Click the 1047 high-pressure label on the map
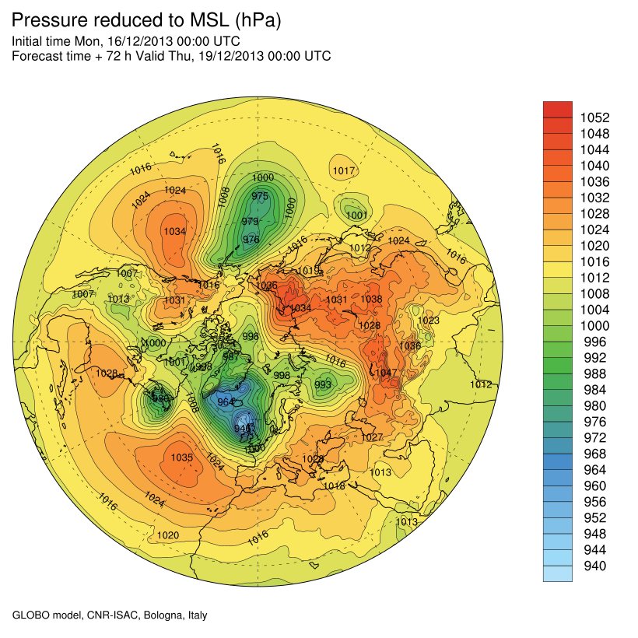point(387,373)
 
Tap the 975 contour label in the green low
point(261,196)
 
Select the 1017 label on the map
point(344,171)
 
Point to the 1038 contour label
point(372,300)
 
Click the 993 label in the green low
point(323,384)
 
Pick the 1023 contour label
point(429,321)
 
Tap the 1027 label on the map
point(373,437)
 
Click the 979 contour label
point(250,222)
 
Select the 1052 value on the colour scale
point(594,117)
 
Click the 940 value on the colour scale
point(594,566)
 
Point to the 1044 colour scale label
point(594,149)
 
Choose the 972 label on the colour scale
point(594,437)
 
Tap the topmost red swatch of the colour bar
point(557,109)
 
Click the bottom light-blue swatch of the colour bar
point(557,573)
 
